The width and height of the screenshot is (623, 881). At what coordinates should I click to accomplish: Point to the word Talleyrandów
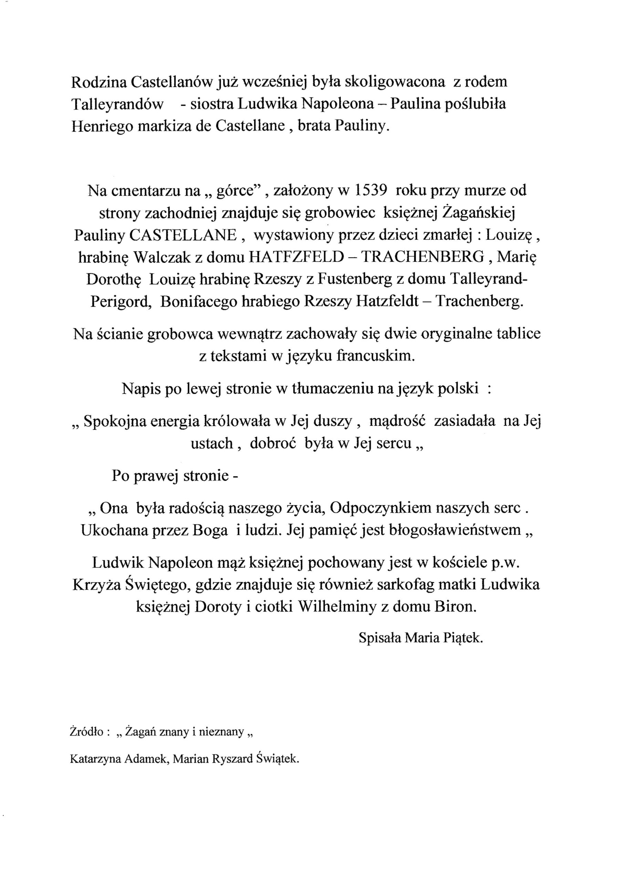[x=117, y=104]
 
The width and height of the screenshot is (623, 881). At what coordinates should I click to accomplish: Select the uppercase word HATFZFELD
[x=296, y=257]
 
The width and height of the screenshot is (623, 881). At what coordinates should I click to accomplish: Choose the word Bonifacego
[x=198, y=302]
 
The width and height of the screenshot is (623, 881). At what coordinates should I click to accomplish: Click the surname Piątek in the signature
[x=463, y=638]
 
